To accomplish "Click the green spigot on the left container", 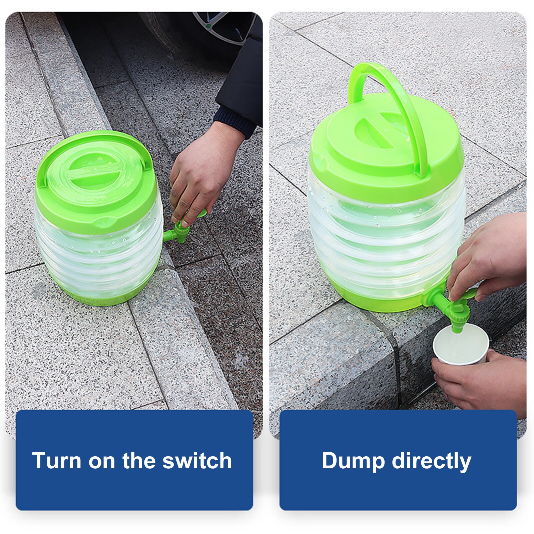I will [x=178, y=232].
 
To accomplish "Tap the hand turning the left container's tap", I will [x=200, y=173].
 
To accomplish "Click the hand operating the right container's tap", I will [x=490, y=257].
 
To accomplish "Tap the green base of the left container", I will [x=110, y=297].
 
